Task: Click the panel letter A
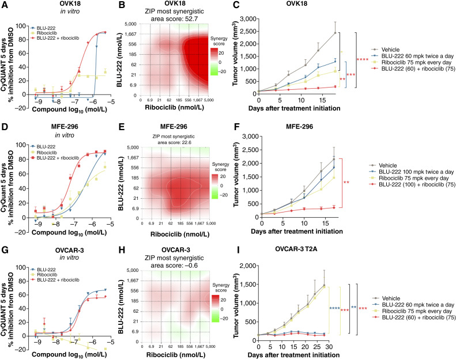5,5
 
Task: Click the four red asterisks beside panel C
363,59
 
